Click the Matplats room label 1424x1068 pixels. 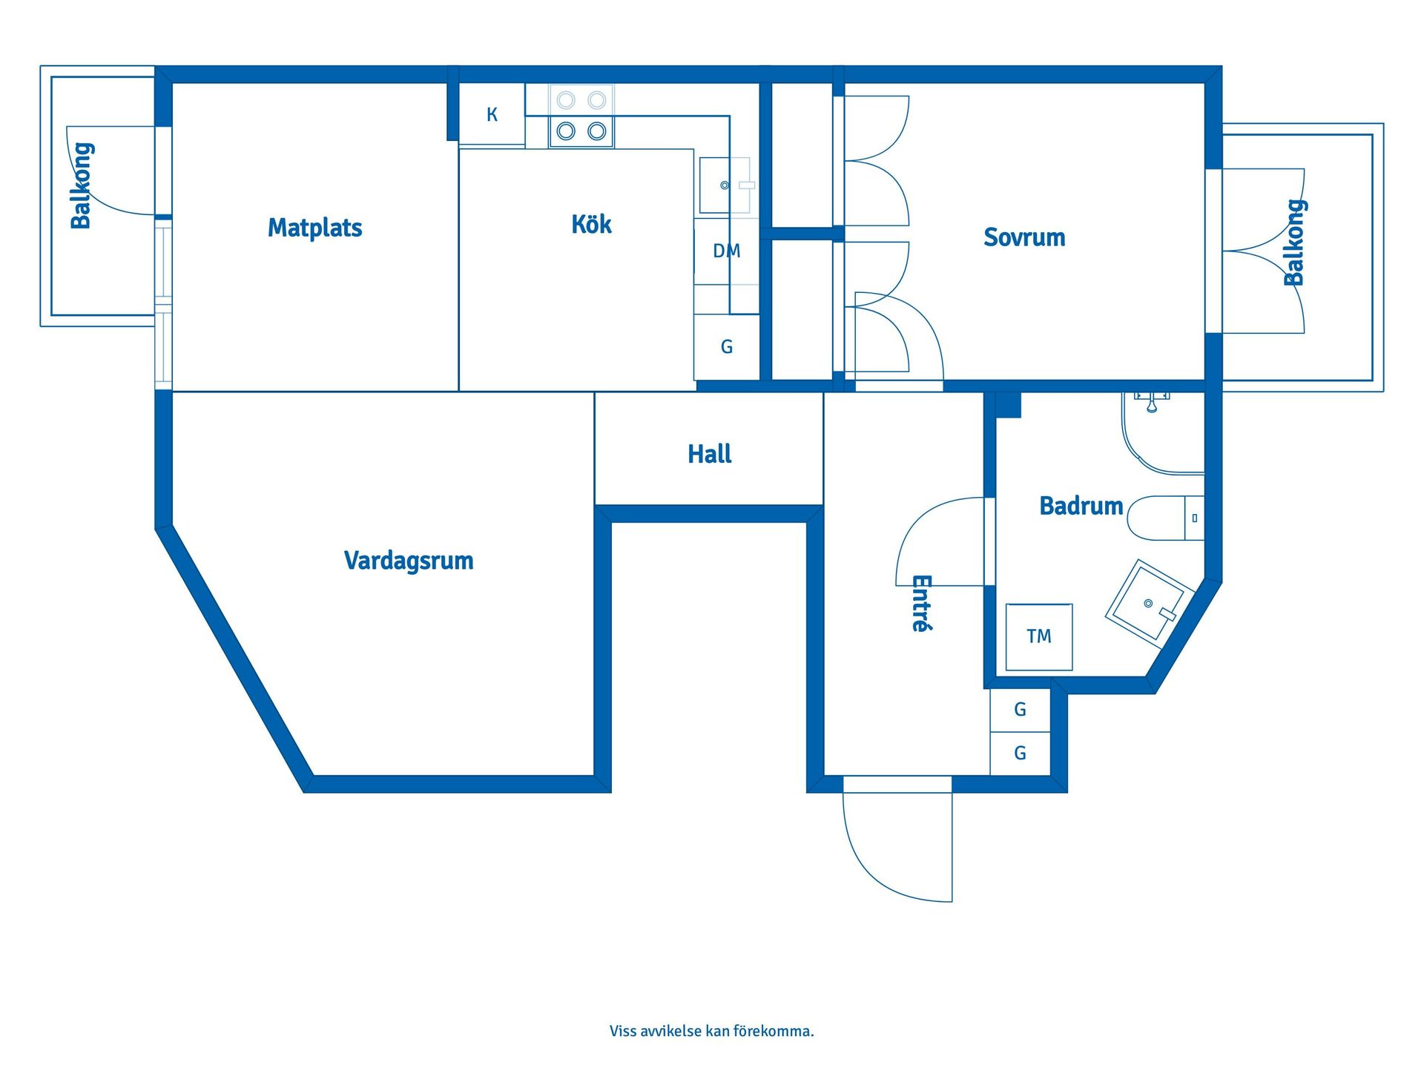(x=314, y=228)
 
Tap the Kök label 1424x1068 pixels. (x=591, y=224)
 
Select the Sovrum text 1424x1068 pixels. (x=1024, y=237)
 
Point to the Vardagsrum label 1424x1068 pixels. (x=409, y=561)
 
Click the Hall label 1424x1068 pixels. (x=709, y=454)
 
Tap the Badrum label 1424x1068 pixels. (x=1081, y=506)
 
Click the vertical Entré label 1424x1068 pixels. (x=920, y=603)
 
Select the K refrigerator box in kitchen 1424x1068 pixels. (x=492, y=115)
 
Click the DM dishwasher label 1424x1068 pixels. (x=726, y=251)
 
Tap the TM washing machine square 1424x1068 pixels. (x=1038, y=636)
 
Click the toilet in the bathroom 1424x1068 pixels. (x=1161, y=518)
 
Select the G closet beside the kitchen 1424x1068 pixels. (x=726, y=347)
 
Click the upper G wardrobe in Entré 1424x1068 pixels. (x=1020, y=710)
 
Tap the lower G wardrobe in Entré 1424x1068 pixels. (x=1020, y=754)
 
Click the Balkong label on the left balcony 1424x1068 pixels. (x=81, y=185)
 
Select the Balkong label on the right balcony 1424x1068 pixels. (x=1293, y=243)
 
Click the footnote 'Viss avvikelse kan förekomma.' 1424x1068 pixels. (x=711, y=1031)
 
